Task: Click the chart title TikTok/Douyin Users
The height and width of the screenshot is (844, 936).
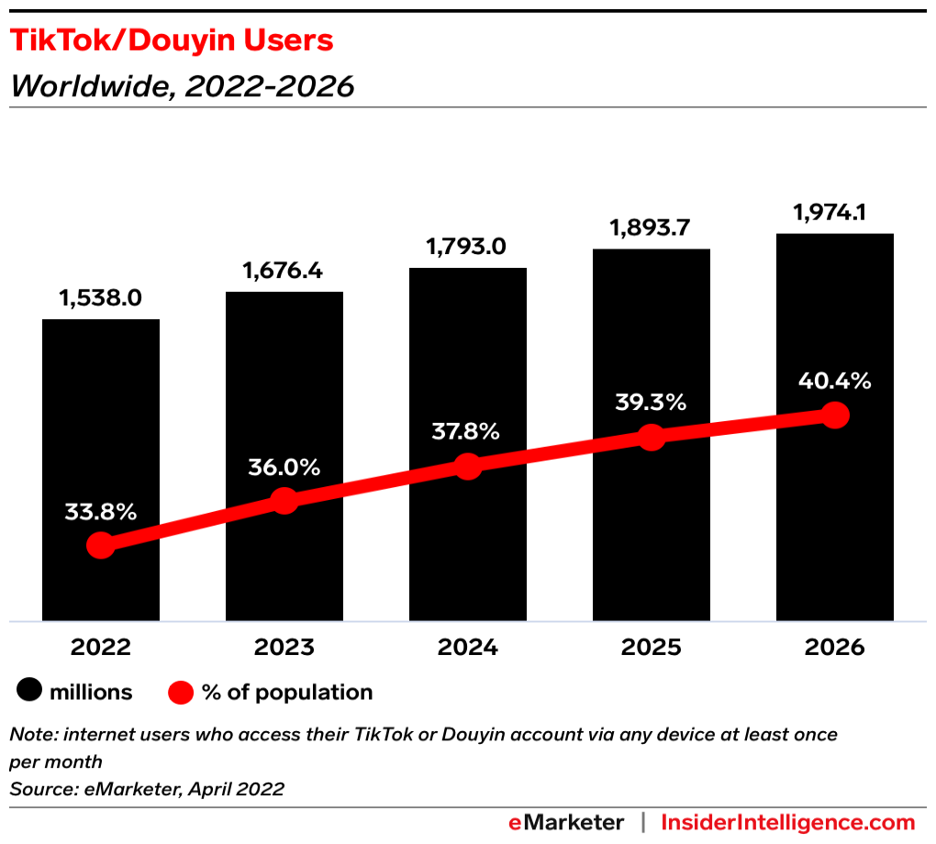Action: click(171, 40)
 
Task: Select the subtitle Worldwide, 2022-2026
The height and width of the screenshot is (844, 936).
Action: click(182, 86)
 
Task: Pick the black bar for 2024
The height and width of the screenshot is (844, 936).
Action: click(468, 367)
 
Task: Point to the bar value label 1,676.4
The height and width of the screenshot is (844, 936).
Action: click(284, 272)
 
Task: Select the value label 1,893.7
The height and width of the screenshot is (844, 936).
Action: click(651, 228)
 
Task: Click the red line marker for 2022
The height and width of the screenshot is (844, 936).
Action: click(101, 546)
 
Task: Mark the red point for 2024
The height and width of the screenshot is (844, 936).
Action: click(468, 466)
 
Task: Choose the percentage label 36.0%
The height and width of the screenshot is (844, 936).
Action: click(284, 467)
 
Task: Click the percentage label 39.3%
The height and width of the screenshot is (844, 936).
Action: click(651, 403)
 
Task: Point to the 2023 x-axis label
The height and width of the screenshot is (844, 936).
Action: click(284, 648)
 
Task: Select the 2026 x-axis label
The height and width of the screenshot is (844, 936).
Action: click(834, 648)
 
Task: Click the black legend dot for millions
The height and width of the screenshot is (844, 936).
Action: click(28, 693)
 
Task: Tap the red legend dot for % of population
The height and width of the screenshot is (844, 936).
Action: click(181, 693)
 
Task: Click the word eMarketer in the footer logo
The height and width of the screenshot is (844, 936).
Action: click(567, 822)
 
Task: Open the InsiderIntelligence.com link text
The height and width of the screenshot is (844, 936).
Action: click(788, 822)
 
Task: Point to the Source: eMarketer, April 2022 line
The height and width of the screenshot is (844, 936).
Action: click(147, 788)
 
